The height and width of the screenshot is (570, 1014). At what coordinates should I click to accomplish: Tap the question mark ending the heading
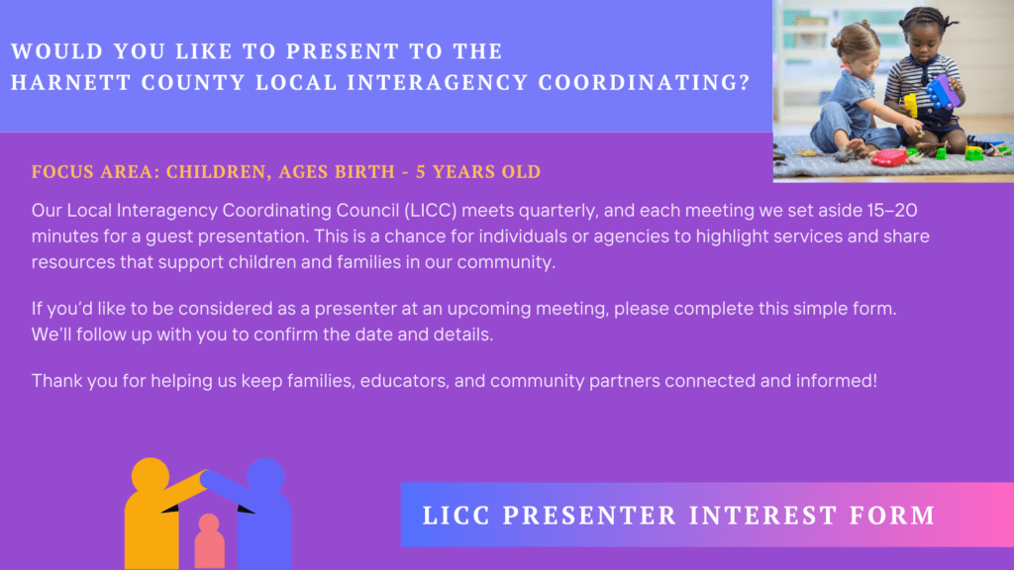745,83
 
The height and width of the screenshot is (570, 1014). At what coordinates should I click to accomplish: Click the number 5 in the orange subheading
421,172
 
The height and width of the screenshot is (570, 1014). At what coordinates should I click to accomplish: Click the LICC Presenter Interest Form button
707,515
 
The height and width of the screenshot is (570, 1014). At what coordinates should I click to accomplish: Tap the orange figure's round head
151,476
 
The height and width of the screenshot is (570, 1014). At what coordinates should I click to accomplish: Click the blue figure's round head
265,477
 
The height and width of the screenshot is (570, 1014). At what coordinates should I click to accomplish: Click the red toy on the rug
889,157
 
